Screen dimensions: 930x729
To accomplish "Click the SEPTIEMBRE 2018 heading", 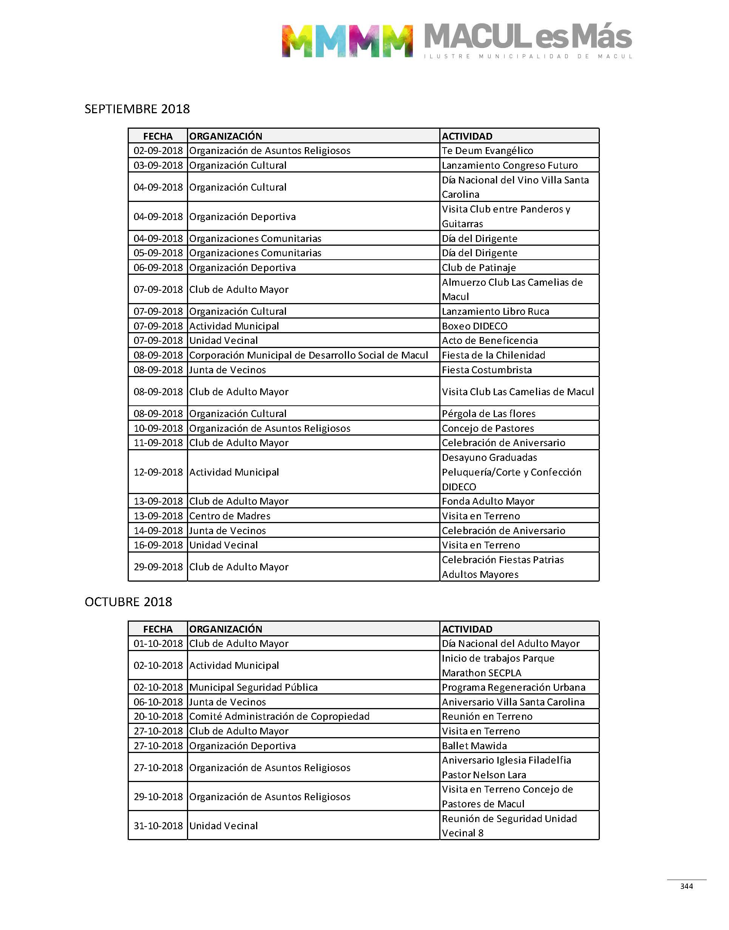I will pos(137,109).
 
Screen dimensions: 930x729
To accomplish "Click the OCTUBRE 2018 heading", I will pos(128,602).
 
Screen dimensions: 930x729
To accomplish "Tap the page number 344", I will pos(686,886).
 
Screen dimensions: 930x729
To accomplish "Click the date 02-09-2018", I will pos(158,151).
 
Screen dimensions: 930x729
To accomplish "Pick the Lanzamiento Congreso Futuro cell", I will pos(510,165).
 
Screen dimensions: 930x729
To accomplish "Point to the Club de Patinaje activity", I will pos(479,268).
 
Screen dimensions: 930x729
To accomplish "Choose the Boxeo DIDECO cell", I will pos(475,326).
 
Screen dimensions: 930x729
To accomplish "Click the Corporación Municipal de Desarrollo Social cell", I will pos(308,355).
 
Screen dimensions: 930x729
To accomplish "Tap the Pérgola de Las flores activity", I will pos(488,414).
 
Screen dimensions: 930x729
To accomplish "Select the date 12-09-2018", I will pos(158,472).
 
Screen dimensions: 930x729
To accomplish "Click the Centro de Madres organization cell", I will pos(230,516).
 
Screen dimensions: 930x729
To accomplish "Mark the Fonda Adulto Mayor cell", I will pos(488,502).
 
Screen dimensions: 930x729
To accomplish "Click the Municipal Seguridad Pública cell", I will pos(253,687).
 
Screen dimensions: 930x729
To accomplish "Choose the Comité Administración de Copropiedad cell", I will pos(279,716).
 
